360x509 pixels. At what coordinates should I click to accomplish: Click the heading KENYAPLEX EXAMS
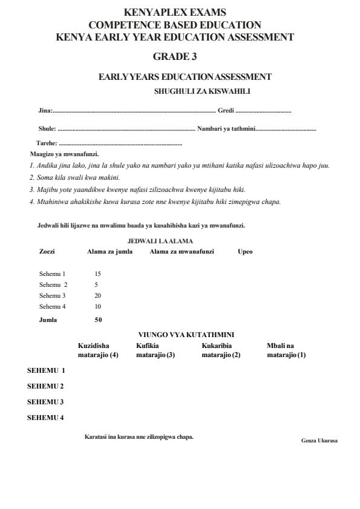click(x=175, y=11)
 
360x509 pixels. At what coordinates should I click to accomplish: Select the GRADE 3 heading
click(x=175, y=57)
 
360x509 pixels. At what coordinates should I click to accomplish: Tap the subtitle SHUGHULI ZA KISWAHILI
click(x=202, y=91)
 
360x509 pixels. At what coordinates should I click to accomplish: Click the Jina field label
click(x=45, y=111)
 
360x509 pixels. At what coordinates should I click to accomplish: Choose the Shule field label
click(x=47, y=128)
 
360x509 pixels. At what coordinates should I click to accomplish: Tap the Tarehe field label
click(x=47, y=143)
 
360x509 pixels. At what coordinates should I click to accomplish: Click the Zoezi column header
click(x=47, y=251)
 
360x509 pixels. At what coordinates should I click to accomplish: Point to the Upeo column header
click(x=245, y=251)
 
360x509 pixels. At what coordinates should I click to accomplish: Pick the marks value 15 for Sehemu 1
click(x=97, y=274)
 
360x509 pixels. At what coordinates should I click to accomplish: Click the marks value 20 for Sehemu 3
click(x=97, y=295)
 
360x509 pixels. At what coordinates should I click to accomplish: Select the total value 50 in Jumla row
click(x=98, y=320)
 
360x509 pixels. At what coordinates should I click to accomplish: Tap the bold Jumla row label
click(x=48, y=320)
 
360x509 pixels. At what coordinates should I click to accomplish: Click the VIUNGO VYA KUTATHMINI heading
click(x=186, y=335)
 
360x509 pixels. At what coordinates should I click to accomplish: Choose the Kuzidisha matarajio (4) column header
click(x=98, y=350)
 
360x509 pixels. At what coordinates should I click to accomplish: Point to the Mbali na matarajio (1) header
click(x=286, y=350)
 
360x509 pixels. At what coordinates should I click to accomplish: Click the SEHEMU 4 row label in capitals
click(x=46, y=417)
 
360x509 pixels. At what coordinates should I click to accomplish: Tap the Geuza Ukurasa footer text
click(x=319, y=440)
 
